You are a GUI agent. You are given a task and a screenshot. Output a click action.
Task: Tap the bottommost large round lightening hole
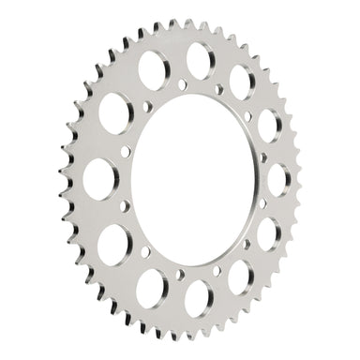click(x=199, y=302)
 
